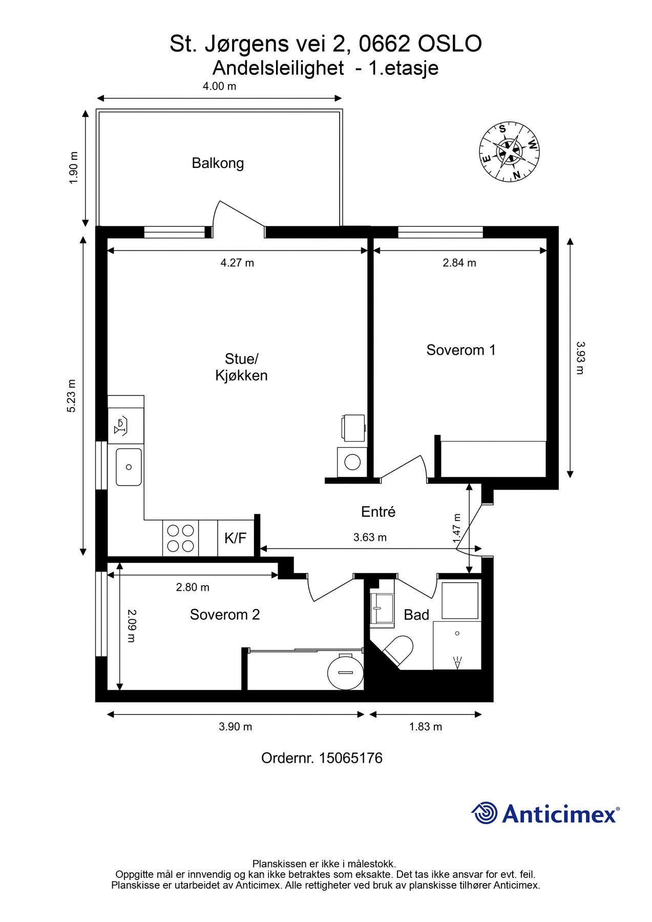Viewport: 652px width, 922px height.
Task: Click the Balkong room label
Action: point(218,163)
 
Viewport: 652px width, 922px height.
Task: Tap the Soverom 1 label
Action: point(461,350)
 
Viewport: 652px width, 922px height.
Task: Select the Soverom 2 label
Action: point(225,615)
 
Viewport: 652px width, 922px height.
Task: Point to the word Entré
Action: point(378,512)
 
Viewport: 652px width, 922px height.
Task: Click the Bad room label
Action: point(416,615)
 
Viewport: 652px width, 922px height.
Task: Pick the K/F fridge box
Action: point(236,538)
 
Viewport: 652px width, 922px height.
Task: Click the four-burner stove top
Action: point(181,538)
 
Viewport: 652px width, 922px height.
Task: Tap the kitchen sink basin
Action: point(129,467)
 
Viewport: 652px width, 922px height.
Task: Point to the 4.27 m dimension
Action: point(237,263)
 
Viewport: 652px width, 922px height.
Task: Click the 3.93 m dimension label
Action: point(579,358)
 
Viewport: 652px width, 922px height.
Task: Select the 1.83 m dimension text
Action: point(426,726)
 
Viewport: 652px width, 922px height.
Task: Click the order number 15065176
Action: point(351,758)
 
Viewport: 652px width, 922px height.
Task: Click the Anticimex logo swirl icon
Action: point(485,813)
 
